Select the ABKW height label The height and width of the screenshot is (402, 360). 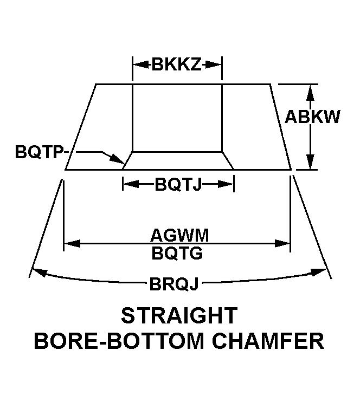312,117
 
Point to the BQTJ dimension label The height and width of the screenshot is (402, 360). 178,184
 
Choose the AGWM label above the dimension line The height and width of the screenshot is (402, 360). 179,235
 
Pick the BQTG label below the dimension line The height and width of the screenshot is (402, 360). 177,254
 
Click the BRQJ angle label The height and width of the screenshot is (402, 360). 174,284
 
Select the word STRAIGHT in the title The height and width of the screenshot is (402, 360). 179,316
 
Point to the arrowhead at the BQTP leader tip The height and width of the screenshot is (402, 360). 118,159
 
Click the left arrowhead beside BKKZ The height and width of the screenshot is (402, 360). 140,64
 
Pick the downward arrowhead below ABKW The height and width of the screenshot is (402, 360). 311,161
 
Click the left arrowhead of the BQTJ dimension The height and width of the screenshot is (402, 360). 131,184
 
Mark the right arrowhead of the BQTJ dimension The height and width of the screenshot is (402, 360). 226,184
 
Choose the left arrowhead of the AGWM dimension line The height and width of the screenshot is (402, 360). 72,243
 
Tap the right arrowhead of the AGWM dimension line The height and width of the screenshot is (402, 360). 282,243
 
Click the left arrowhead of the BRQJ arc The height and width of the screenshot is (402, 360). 40,273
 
